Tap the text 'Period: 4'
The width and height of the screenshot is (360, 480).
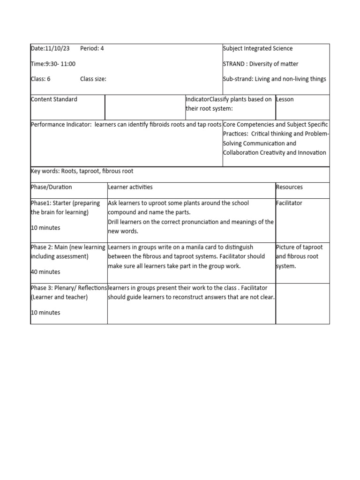[92, 48]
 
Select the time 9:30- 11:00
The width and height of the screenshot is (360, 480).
[59, 64]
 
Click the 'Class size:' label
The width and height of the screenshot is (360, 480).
[93, 79]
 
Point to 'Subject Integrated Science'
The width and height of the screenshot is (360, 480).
[258, 48]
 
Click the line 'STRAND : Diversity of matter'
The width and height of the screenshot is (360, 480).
[261, 64]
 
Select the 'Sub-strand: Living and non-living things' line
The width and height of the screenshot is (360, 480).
[274, 79]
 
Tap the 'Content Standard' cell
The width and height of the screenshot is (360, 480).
[54, 99]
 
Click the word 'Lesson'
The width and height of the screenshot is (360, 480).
[285, 99]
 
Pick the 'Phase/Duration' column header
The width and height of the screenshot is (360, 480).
[51, 187]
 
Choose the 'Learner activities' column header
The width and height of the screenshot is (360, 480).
[130, 187]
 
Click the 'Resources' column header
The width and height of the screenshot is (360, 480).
[289, 187]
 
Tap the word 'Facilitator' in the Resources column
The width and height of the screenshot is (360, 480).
[289, 203]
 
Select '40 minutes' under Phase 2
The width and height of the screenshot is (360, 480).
[45, 272]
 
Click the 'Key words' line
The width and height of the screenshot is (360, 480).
[82, 171]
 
